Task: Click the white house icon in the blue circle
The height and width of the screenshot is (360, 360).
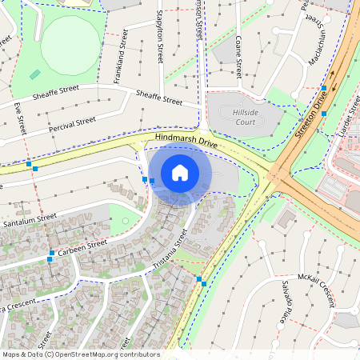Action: (180, 173)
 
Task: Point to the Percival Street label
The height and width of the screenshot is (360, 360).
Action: (72, 125)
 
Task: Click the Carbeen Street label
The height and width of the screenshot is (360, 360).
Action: (82, 247)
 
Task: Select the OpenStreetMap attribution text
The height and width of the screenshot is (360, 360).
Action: (81, 354)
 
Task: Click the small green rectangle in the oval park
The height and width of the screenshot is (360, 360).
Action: (35, 74)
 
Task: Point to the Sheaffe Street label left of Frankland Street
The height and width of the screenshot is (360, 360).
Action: (56, 95)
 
